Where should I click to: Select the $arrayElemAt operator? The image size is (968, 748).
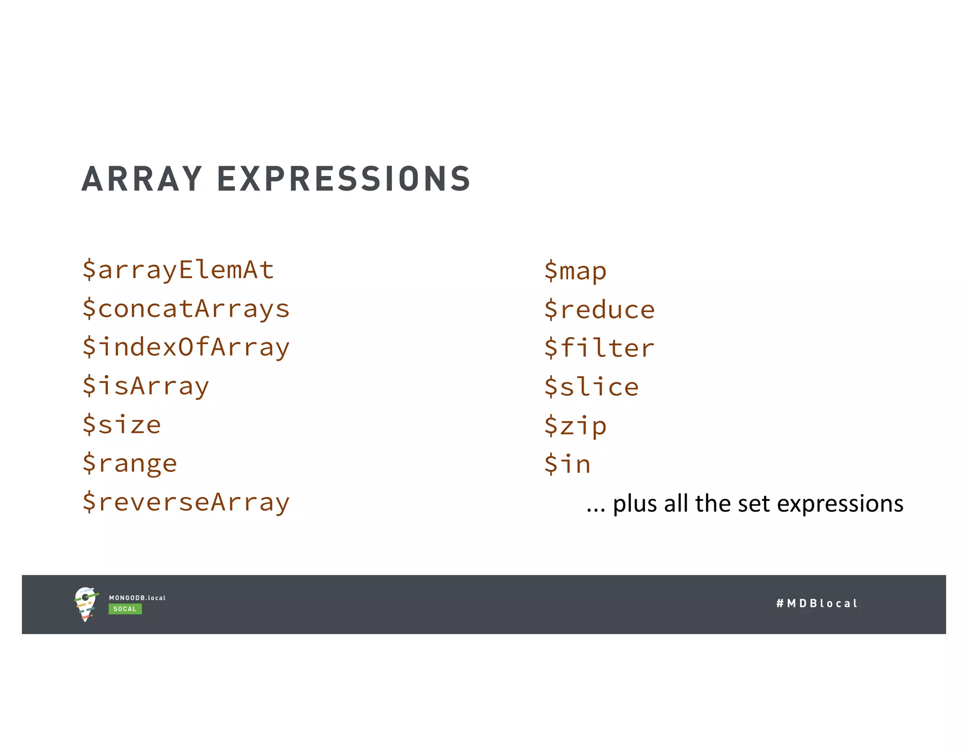tap(178, 270)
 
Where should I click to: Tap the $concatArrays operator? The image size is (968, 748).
tap(186, 309)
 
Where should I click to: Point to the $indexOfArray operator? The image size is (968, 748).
tap(186, 348)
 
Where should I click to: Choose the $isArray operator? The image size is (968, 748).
tap(146, 386)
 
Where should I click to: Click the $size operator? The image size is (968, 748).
tap(122, 425)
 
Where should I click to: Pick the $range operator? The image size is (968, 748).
tap(130, 463)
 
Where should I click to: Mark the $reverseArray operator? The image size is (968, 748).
tap(186, 502)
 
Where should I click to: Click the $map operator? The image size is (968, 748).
tap(575, 271)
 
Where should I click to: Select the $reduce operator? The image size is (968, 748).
tap(599, 310)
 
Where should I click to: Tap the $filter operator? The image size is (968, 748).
tap(599, 348)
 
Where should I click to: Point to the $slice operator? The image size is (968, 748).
tap(591, 387)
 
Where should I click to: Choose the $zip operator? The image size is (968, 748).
tap(575, 426)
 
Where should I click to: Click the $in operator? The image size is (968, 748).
tap(567, 464)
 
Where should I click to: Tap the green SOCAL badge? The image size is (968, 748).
tap(125, 609)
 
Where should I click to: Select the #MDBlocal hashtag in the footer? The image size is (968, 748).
tap(817, 603)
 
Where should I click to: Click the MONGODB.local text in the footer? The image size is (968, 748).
tap(137, 598)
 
